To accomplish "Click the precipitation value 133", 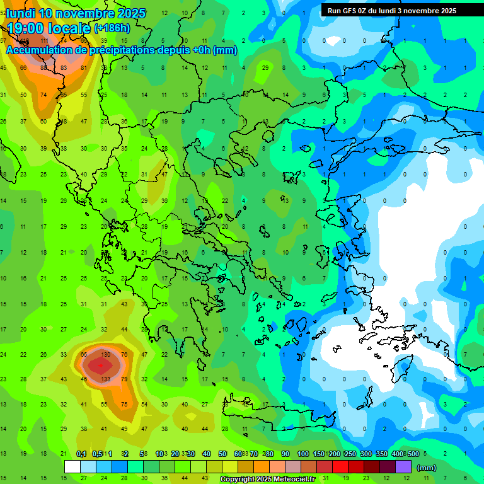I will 106,379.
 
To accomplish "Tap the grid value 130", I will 106,355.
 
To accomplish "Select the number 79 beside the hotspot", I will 124,379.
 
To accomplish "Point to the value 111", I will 43,41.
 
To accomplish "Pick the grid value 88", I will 43,68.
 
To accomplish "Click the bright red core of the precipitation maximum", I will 98,365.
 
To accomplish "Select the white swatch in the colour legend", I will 72,466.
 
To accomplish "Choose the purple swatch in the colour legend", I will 403,466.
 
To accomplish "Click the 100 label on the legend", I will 302,454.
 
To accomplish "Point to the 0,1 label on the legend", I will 81,454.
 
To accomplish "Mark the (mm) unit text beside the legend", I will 427,468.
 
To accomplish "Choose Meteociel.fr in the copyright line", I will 298,480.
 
